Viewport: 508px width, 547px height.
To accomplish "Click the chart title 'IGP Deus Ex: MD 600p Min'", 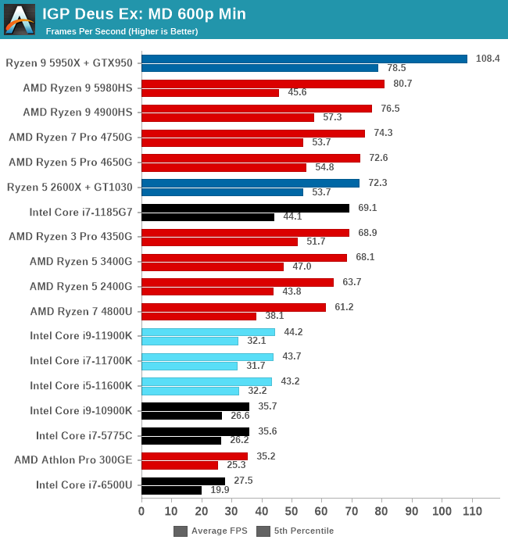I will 144,13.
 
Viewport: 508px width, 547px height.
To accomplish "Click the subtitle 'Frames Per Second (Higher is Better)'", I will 122,31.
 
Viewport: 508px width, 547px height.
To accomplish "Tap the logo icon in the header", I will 20,19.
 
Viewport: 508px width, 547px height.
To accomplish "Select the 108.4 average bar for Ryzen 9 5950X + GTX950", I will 304,59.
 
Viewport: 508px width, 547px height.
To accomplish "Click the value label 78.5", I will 397,68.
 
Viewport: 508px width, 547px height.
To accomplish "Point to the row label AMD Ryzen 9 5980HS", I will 77,88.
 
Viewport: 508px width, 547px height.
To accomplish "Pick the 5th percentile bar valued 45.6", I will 210,93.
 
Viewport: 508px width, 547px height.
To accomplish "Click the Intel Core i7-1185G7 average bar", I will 245,208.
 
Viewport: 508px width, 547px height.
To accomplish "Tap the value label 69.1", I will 368,208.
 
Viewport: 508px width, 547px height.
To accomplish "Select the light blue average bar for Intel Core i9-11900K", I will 208,332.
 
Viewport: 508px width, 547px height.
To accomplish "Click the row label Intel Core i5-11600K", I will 81,386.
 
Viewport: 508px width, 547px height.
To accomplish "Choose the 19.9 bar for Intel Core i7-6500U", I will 171,491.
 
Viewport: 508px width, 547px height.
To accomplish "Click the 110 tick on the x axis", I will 472,512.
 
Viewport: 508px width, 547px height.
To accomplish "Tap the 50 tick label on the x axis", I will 292,512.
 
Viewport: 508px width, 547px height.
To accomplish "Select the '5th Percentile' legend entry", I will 296,531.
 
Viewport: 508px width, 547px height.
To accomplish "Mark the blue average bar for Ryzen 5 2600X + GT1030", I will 250,183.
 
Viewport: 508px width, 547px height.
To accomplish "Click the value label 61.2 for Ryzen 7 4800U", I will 344,307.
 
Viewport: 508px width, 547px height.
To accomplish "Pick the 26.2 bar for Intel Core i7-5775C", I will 181,441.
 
